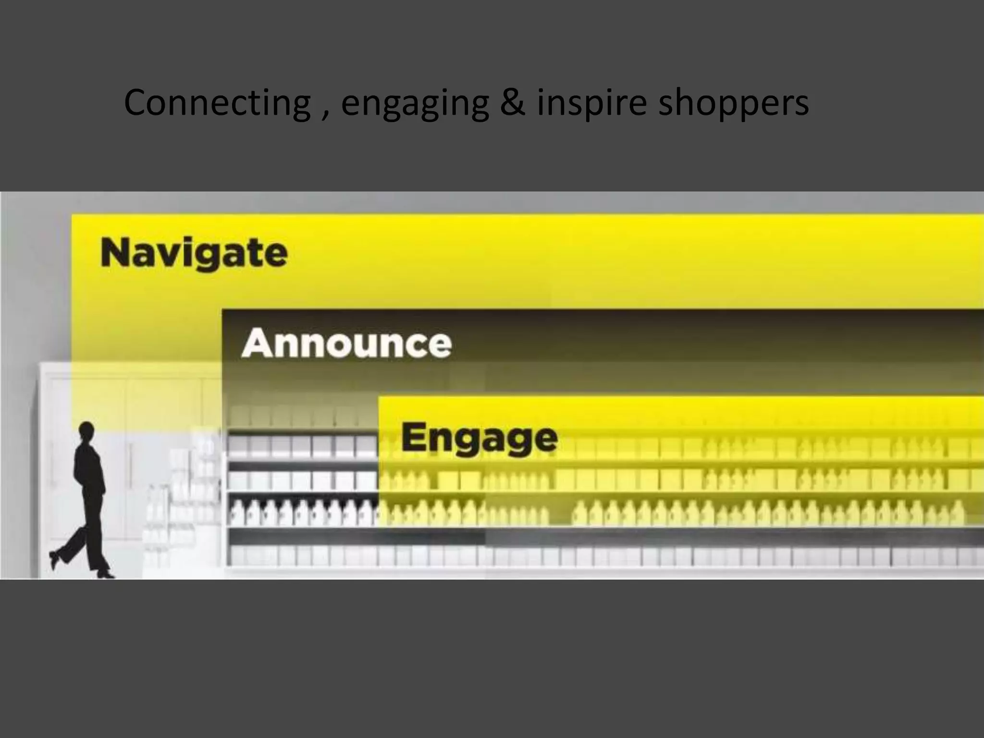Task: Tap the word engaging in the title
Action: pos(415,104)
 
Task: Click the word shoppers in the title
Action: pos(733,104)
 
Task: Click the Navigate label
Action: pos(194,253)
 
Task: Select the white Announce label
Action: pos(346,343)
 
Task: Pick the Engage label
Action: pos(479,438)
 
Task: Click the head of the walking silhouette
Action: pos(86,430)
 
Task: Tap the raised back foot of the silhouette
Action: pos(54,559)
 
